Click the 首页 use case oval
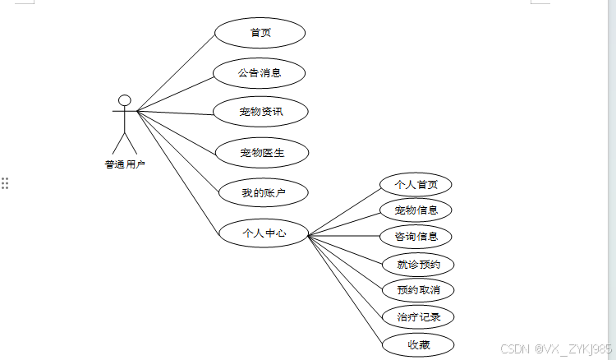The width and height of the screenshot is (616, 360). click(260, 33)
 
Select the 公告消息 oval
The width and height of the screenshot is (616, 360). click(260, 72)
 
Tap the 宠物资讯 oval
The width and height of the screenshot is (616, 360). click(260, 111)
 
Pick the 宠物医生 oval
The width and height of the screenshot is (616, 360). click(261, 152)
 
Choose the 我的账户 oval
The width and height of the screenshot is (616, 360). click(263, 193)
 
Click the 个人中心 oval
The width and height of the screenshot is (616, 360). click(264, 233)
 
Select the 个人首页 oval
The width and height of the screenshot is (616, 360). click(416, 184)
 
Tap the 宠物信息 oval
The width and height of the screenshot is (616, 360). click(416, 210)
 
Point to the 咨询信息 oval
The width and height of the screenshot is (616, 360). click(416, 237)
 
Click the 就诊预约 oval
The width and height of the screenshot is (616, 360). click(418, 264)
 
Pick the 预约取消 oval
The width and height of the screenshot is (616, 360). click(418, 289)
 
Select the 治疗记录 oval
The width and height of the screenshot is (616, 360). click(418, 316)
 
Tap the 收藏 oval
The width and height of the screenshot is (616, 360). click(418, 344)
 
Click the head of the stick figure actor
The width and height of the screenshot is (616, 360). click(124, 100)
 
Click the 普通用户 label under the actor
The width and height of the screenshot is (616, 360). click(124, 164)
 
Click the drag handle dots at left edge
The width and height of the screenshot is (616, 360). click(5, 182)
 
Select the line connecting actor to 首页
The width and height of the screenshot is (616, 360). click(176, 72)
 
